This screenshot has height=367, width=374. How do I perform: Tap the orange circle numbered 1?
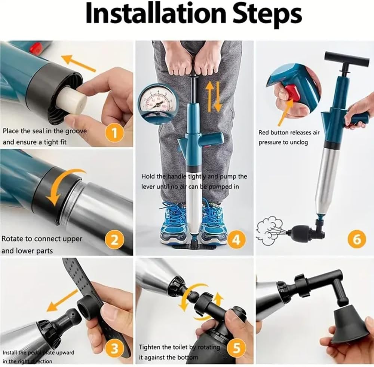tap(115, 133)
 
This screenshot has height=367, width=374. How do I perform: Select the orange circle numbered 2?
tap(115, 240)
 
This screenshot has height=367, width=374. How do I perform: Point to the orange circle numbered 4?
tap(236, 240)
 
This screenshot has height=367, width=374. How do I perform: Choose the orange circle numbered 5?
tap(236, 348)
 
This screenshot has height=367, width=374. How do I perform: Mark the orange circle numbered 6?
tap(357, 239)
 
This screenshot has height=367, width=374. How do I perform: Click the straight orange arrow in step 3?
tap(62, 300)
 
